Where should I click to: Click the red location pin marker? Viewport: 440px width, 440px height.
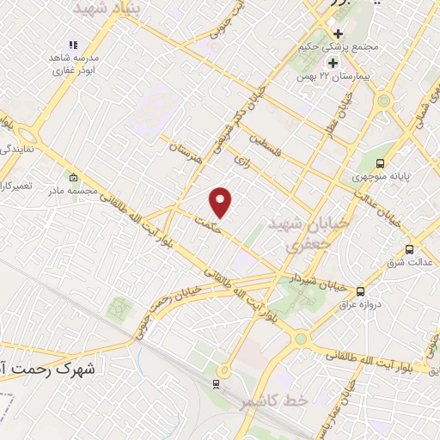tap(221, 203)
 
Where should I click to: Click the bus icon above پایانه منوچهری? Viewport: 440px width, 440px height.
tap(381, 163)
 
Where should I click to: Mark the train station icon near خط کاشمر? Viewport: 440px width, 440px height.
tap(217, 384)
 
